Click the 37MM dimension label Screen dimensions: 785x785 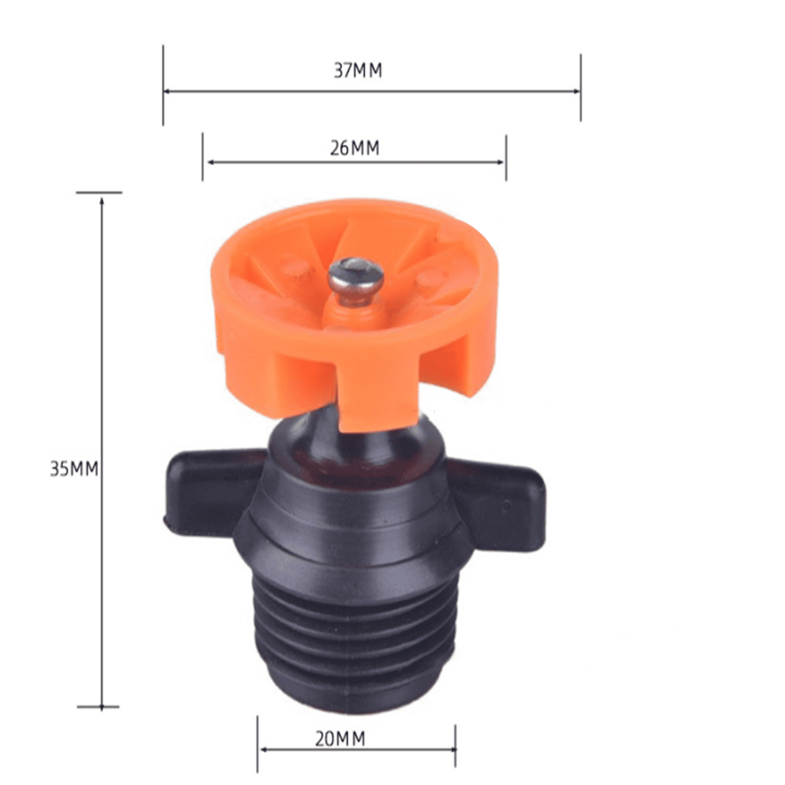(x=358, y=71)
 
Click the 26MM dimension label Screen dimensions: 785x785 (x=354, y=148)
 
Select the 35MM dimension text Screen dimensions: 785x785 (x=74, y=469)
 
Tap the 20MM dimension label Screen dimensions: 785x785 (x=340, y=738)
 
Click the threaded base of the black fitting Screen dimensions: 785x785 (x=356, y=638)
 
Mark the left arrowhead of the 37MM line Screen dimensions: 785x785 (x=167, y=91)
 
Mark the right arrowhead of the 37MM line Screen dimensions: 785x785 (x=577, y=91)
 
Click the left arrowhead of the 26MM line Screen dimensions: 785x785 (x=210, y=162)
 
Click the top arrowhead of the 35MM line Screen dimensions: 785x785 (x=102, y=201)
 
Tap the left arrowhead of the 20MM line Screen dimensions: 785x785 (x=263, y=750)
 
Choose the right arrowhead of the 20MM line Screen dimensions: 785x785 (x=452, y=750)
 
